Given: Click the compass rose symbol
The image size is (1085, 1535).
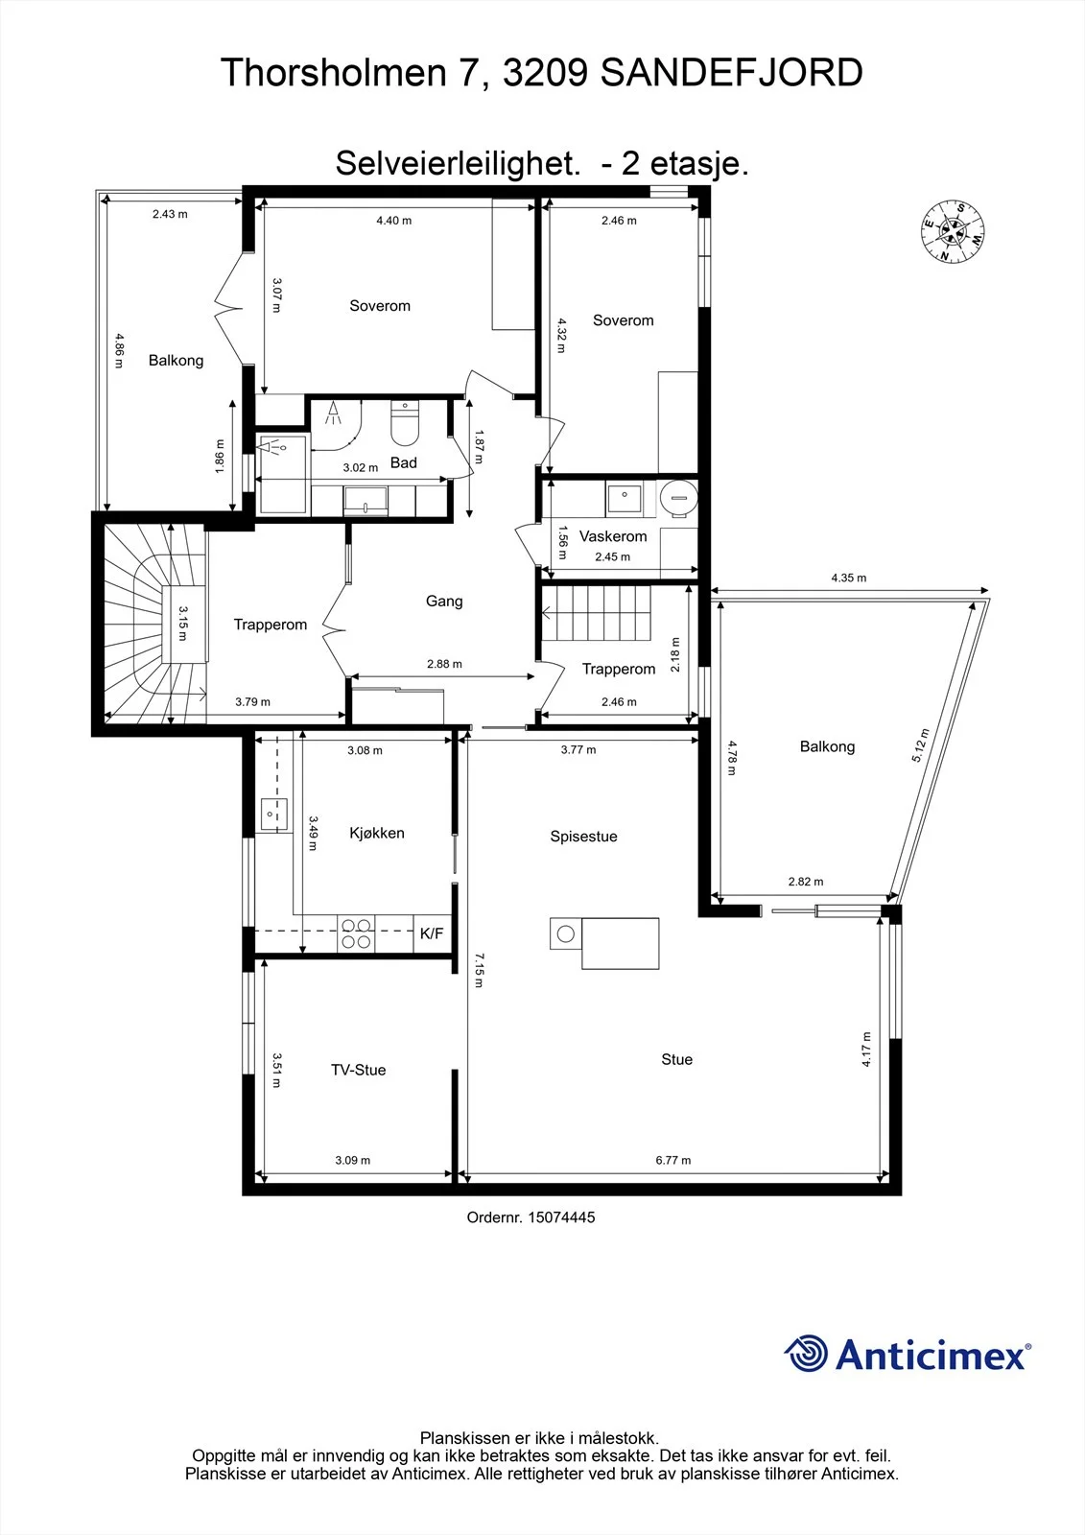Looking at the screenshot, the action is [953, 231].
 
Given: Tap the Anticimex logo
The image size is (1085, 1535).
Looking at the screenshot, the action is [908, 1353].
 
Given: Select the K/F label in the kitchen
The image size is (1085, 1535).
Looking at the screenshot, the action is [432, 933].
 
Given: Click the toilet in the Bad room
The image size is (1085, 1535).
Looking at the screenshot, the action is [405, 422].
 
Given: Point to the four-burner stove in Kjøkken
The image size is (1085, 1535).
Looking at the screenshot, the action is [357, 933].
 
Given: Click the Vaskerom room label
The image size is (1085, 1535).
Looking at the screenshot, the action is [613, 536].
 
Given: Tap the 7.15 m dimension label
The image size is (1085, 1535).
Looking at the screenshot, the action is [479, 970].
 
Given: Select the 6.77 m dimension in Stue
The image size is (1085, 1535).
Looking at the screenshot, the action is [673, 1160].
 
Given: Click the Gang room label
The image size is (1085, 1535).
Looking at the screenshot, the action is [444, 601].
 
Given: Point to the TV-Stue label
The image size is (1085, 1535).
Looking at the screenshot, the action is [359, 1070].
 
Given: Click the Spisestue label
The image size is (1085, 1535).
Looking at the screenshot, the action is [584, 836].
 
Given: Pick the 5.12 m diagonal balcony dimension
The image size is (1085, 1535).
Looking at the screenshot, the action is [921, 745].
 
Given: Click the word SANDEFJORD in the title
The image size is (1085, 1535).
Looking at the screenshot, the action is [731, 73].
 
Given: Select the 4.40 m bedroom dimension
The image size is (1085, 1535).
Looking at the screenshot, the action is [394, 221].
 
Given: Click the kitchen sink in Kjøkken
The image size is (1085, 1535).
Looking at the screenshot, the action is [273, 815].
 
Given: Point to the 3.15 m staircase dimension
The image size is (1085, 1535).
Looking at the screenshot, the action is [183, 623].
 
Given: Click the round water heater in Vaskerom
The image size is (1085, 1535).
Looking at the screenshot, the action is [679, 496].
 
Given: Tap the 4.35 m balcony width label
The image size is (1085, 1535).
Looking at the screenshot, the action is [849, 578].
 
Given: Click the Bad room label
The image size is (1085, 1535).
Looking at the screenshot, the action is [404, 462].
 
